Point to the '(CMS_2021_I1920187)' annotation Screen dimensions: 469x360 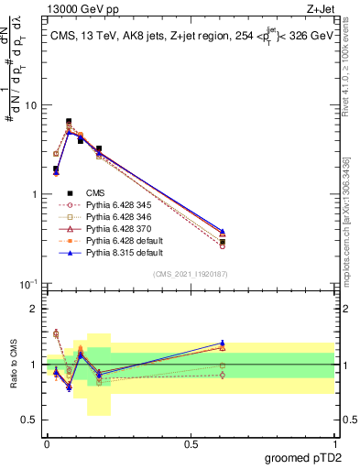coord(191,275)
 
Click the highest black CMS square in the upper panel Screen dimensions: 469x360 coord(69,121)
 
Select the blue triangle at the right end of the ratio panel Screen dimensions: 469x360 coord(223,344)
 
